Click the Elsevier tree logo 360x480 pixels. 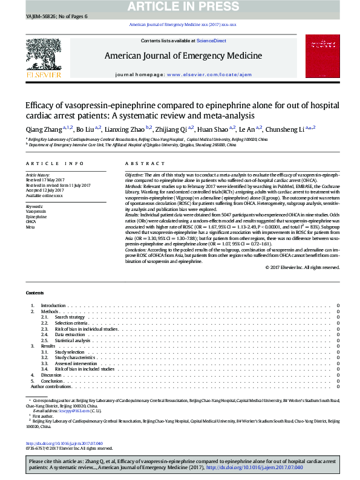44,56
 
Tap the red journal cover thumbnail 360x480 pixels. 319,56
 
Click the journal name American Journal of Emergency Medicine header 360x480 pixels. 183,56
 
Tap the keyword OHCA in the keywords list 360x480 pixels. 31,221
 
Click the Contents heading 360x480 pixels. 34,292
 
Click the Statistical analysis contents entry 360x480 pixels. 73,340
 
